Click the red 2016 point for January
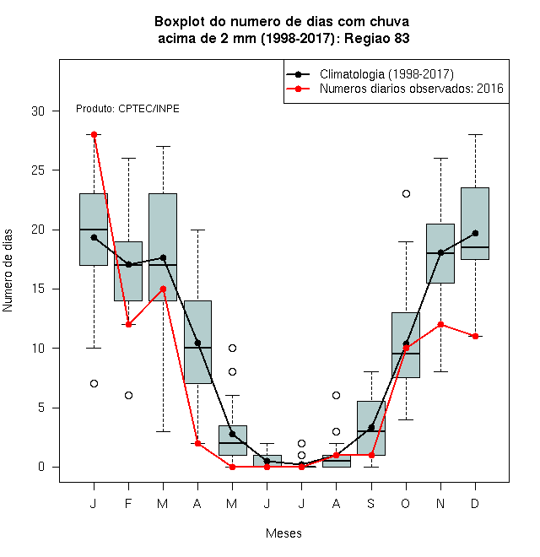pyautogui.click(x=94, y=135)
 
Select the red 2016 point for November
pyautogui.click(x=440, y=324)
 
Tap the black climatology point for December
pyautogui.click(x=475, y=234)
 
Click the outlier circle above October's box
pyautogui.click(x=406, y=194)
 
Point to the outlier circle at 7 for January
pyautogui.click(x=94, y=384)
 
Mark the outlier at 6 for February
pyautogui.click(x=128, y=395)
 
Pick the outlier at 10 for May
pyautogui.click(x=232, y=348)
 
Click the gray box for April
pyautogui.click(x=198, y=342)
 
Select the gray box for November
pyautogui.click(x=440, y=254)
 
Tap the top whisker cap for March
pyautogui.click(x=163, y=146)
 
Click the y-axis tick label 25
pyautogui.click(x=38, y=170)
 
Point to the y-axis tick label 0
pyautogui.click(x=41, y=467)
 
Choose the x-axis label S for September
pyautogui.click(x=371, y=503)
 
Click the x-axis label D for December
pyautogui.click(x=475, y=503)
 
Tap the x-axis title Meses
pyautogui.click(x=283, y=533)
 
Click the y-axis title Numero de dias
pyautogui.click(x=8, y=271)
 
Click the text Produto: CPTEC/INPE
pyautogui.click(x=127, y=109)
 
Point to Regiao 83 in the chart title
pyautogui.click(x=376, y=38)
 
